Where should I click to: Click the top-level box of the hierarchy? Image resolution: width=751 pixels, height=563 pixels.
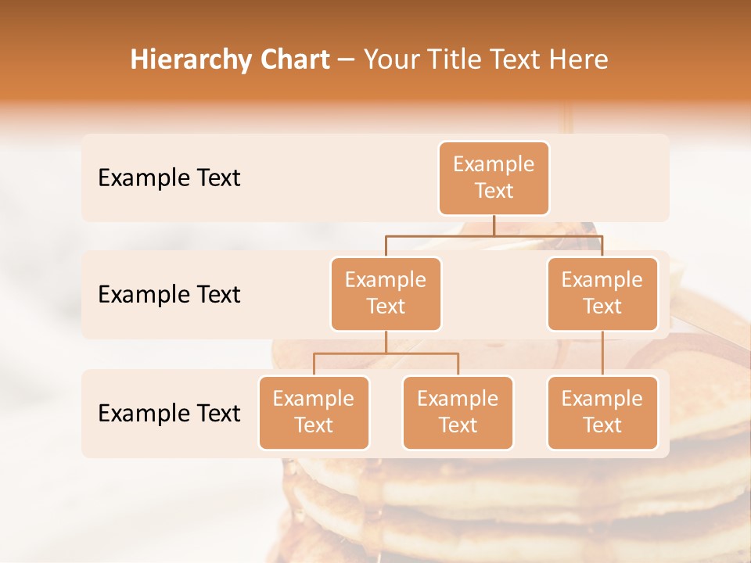[x=494, y=178]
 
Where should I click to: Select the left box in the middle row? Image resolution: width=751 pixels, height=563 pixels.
[x=386, y=294]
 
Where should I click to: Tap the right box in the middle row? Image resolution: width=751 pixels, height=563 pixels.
[x=602, y=294]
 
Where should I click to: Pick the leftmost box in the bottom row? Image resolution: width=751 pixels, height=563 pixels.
[x=314, y=413]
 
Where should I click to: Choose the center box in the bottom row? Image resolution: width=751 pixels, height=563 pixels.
[x=458, y=413]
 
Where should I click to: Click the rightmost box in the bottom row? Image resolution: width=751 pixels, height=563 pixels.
[x=602, y=413]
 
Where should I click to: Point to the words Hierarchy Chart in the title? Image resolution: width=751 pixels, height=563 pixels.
[x=230, y=59]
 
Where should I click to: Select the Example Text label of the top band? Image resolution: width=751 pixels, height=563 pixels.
[x=169, y=178]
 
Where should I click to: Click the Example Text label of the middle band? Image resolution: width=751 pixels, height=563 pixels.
[x=169, y=295]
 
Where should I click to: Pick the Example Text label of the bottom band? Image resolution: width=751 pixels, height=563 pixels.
[x=169, y=414]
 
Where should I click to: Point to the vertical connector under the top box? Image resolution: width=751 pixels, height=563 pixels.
[x=494, y=225]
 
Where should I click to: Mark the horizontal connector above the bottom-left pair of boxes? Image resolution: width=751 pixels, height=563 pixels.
[x=386, y=353]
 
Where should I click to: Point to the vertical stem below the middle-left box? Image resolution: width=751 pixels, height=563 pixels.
[x=386, y=342]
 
